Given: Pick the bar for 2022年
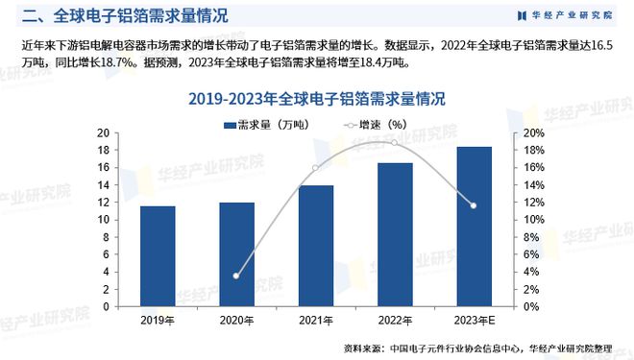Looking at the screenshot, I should pos(394,234).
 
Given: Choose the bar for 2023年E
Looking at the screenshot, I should pos(473,227).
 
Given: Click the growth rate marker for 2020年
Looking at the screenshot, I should pos(236,276).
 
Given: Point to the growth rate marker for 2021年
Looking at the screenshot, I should pos(315,168).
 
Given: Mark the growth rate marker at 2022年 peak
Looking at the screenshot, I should pos(394,143).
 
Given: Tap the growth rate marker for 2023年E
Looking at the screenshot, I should pos(473,205).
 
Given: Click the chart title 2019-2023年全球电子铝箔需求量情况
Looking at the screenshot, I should pos(316,99).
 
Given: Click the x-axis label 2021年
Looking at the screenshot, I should pos(315,321).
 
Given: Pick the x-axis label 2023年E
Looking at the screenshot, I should pos(473,321).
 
